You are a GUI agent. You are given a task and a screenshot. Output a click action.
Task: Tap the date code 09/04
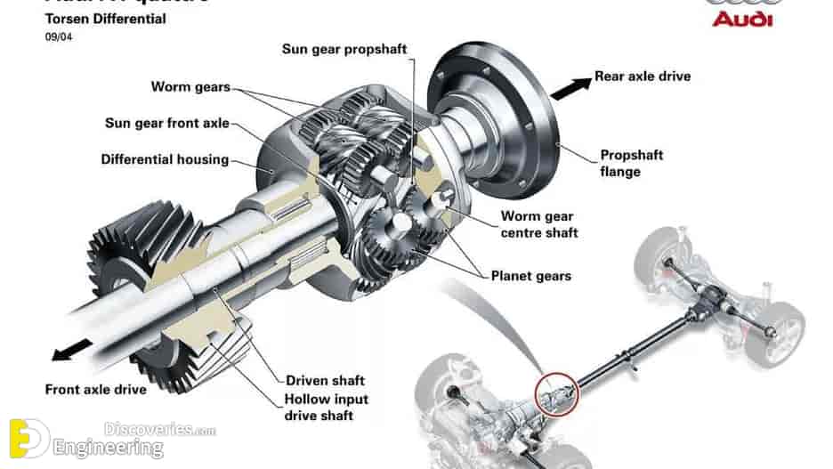point(59,37)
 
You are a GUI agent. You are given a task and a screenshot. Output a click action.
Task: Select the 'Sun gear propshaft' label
point(344,49)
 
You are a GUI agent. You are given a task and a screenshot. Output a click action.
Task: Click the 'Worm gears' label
point(190,87)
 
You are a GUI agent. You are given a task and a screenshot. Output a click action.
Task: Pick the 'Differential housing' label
point(165,160)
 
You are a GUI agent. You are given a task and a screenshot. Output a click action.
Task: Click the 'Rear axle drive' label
point(642,77)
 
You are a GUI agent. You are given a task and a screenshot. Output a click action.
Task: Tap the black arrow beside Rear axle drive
point(570,87)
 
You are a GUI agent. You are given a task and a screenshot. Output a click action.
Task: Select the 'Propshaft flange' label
point(631,163)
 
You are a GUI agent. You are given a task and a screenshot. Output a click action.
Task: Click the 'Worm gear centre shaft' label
point(538,224)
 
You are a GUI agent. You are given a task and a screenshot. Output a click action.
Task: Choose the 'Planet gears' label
point(531,275)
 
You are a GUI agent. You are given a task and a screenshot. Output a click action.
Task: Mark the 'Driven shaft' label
point(325,381)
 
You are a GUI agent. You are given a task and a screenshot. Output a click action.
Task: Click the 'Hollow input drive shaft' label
point(326,408)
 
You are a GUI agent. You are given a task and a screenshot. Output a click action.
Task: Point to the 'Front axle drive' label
point(95,390)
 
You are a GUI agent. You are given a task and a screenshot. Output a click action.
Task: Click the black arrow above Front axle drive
point(73,348)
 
